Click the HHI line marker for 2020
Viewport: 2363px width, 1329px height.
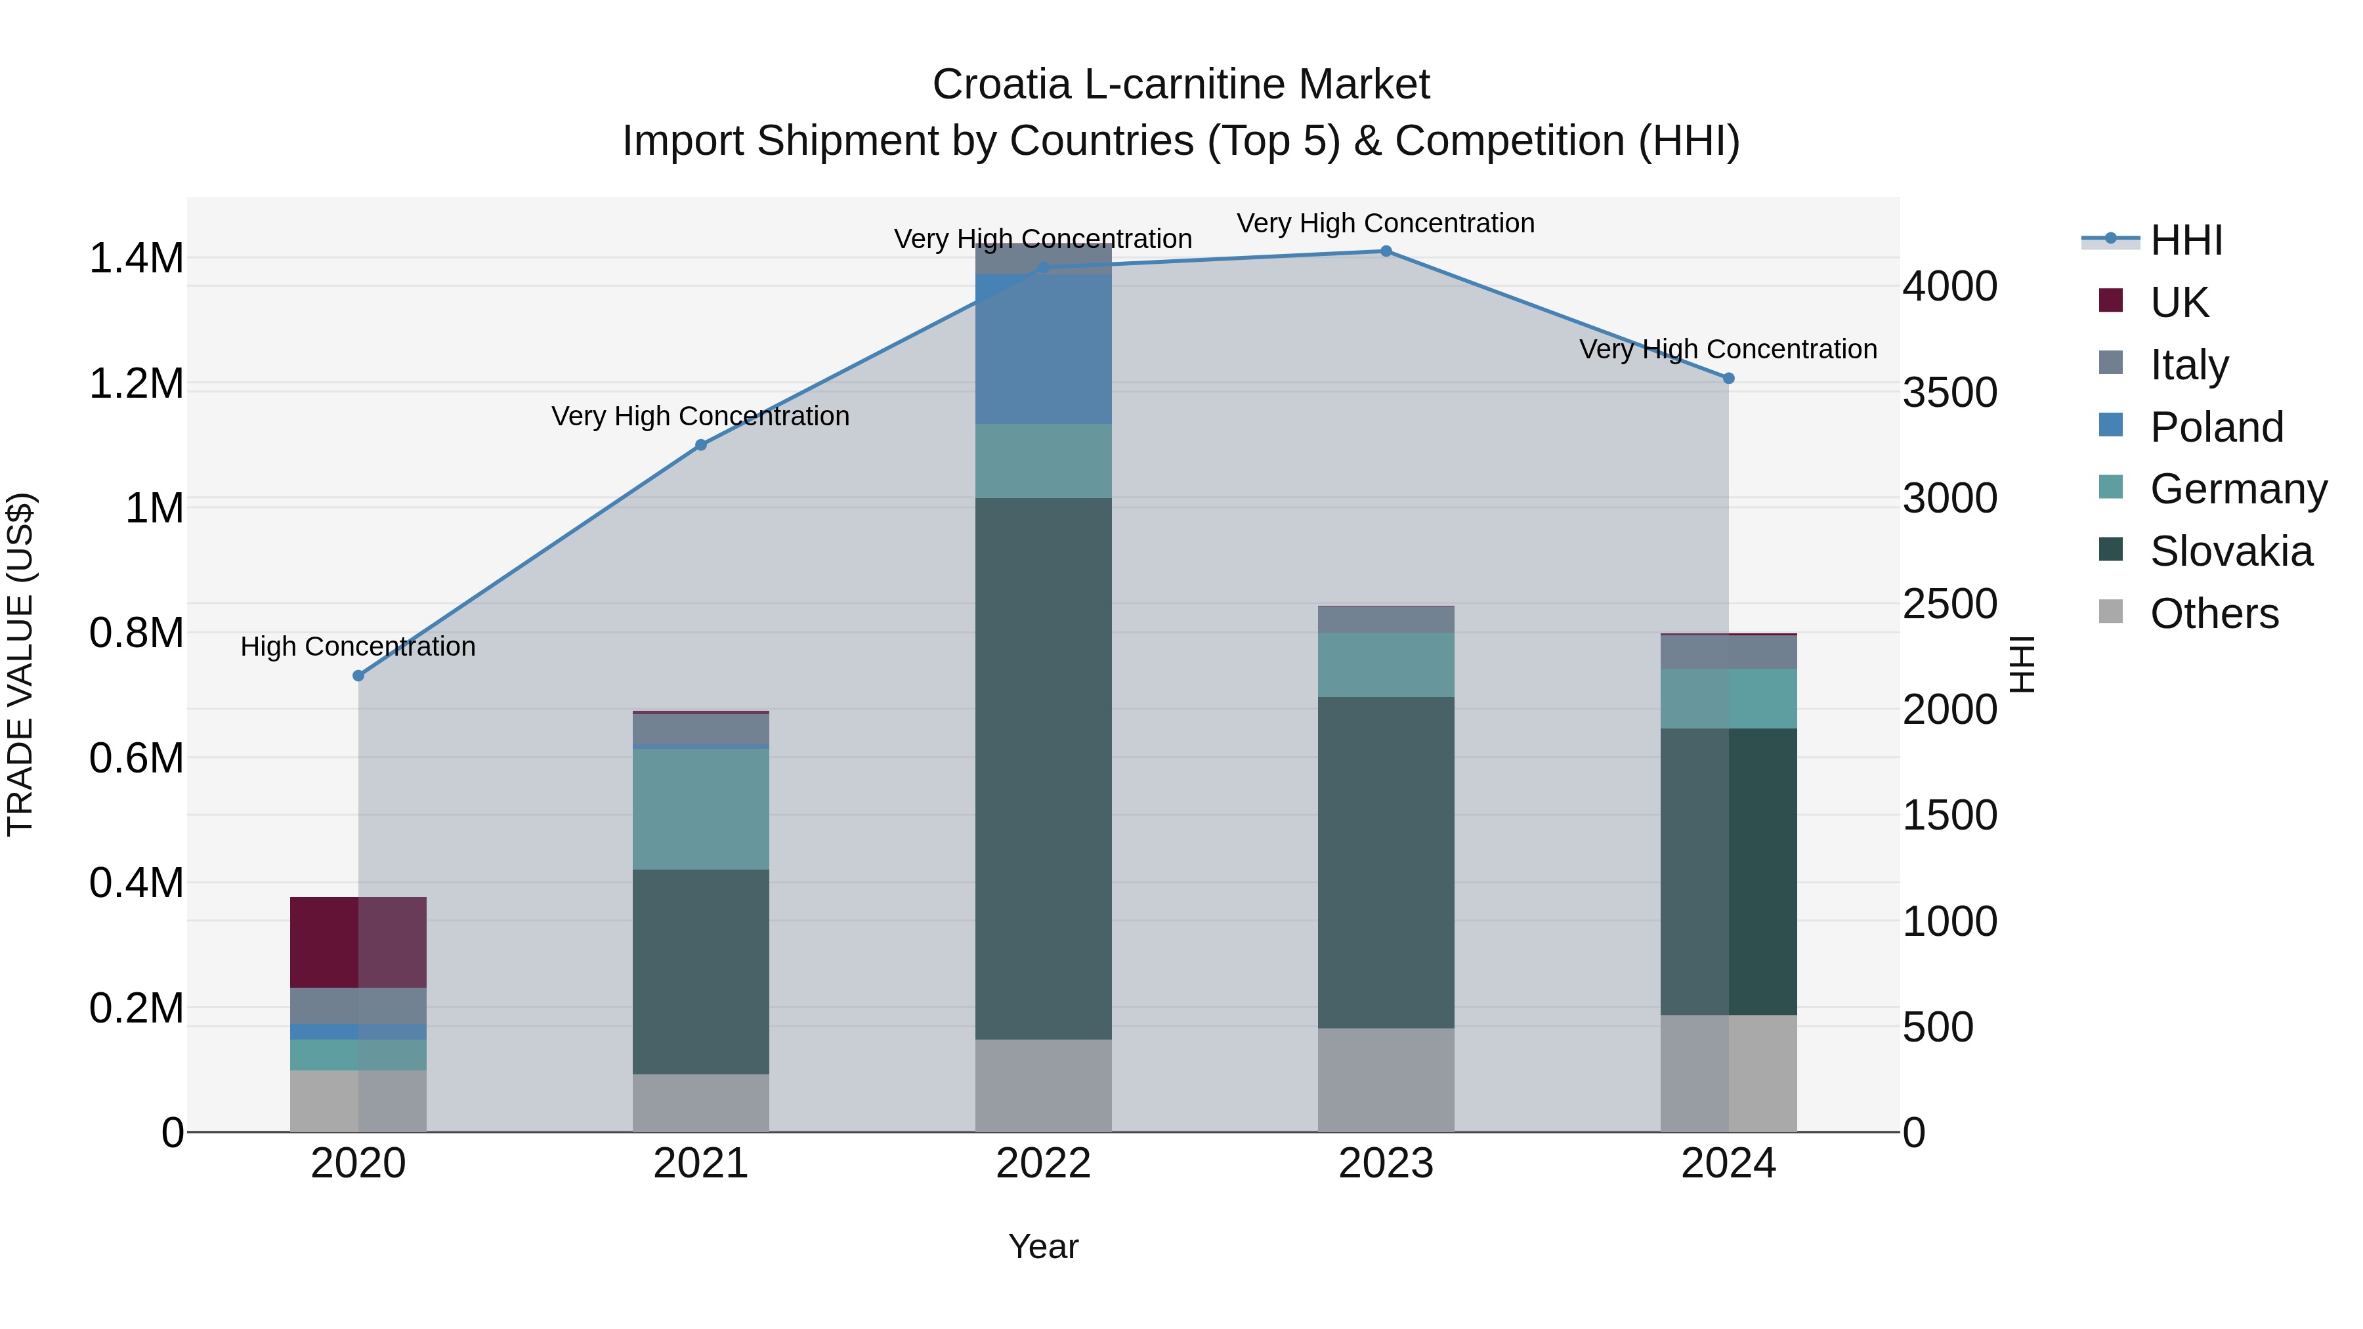coord(358,676)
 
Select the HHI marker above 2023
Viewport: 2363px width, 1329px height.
coord(1386,251)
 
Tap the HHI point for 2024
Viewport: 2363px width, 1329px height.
coord(1728,378)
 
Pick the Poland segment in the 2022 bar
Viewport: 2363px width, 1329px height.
coord(1043,348)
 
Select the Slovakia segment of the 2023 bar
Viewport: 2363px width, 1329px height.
coord(1386,862)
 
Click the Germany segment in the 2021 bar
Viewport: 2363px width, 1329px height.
coord(701,809)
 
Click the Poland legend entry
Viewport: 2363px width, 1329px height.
coord(2216,427)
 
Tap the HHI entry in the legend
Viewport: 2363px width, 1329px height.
coord(2186,240)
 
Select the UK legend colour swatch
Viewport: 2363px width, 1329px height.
coord(2111,301)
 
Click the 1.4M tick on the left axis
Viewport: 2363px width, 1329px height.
coord(136,259)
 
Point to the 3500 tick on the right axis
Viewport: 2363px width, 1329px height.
coord(1949,392)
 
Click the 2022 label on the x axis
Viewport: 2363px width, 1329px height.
coord(1043,1164)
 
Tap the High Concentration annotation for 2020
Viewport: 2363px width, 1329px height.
coord(358,646)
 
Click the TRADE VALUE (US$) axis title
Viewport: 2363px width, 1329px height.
coord(20,664)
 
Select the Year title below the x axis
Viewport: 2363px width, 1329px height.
coord(1043,1246)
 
